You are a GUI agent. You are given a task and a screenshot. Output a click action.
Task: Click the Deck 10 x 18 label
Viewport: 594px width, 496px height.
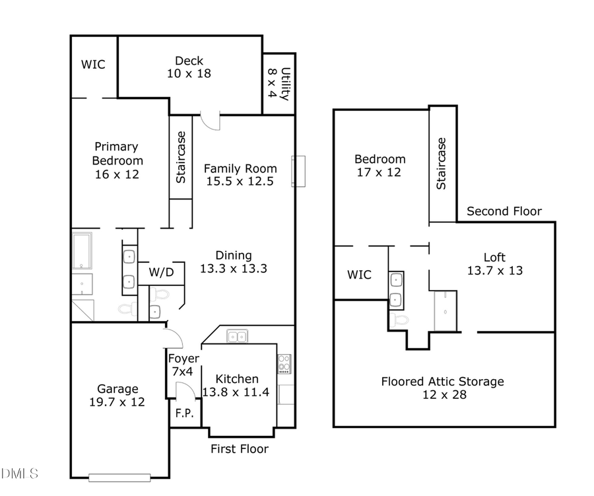[189, 67]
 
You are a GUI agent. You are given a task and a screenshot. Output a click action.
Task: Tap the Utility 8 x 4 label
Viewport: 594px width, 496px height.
[278, 83]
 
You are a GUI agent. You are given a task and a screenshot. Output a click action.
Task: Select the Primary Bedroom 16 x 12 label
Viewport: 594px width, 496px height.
[116, 160]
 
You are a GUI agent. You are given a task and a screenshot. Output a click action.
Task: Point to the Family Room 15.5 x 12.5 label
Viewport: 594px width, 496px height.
[239, 174]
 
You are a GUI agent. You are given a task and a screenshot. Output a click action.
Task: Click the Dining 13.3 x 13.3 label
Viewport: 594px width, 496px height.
[233, 262]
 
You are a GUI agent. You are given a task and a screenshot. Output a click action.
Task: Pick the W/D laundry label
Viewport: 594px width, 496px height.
[161, 272]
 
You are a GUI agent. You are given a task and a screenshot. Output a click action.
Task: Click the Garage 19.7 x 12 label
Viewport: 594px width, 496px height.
[117, 395]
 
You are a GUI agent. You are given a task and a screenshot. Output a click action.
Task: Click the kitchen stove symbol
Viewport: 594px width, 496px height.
[284, 364]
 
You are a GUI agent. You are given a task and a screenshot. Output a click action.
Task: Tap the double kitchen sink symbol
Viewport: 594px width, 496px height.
[237, 337]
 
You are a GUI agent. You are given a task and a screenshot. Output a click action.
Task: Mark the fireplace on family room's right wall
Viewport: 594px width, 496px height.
[300, 171]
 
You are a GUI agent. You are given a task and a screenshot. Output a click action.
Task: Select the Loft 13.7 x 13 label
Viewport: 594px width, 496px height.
[494, 264]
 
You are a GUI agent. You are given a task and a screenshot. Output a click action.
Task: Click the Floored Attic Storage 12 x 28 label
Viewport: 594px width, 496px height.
[442, 388]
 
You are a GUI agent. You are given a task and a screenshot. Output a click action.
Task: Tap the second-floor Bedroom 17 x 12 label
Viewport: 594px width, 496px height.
[379, 165]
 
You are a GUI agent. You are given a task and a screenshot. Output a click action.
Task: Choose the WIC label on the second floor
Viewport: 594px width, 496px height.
[359, 275]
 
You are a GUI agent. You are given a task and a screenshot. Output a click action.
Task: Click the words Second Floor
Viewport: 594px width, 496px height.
[504, 211]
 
